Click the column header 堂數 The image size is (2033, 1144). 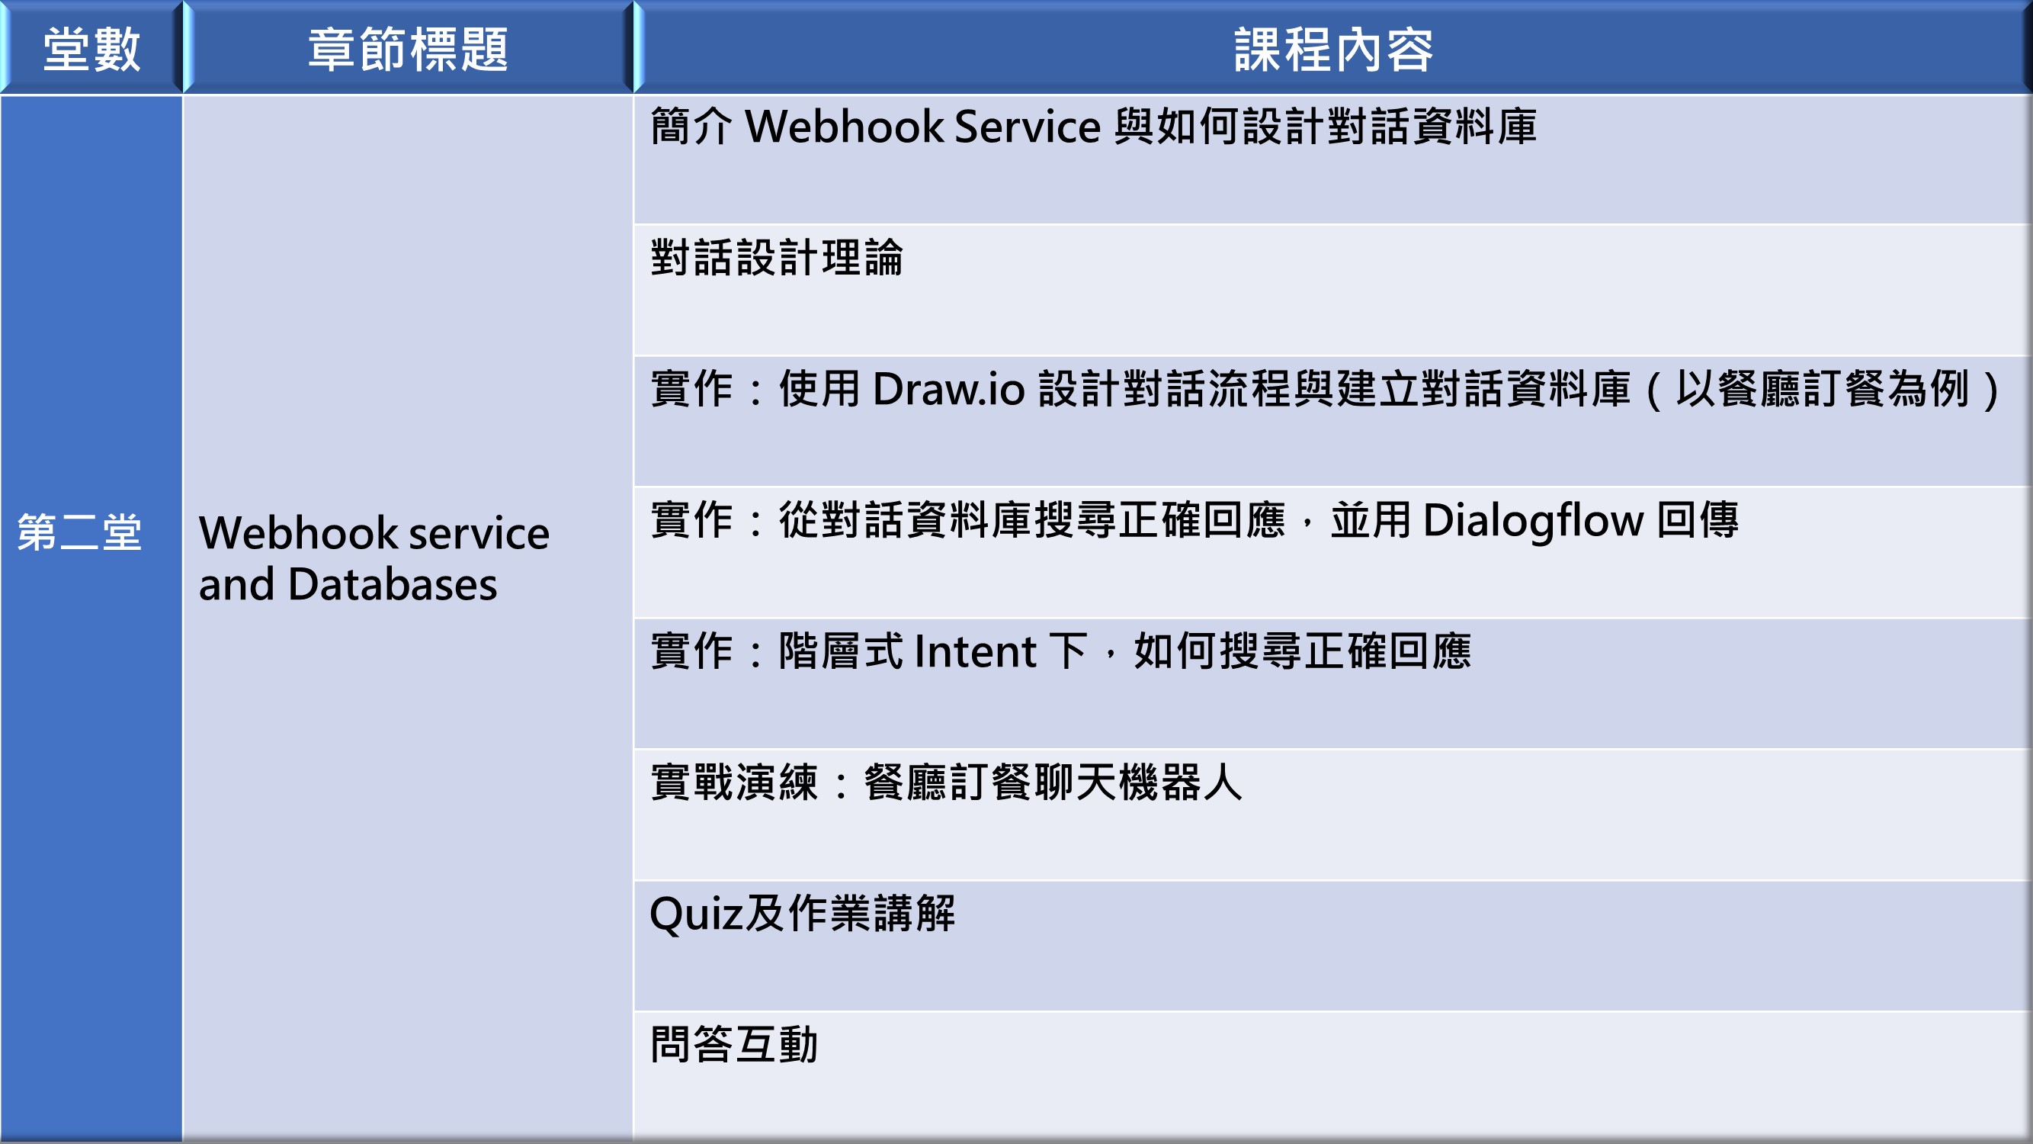pyautogui.click(x=91, y=50)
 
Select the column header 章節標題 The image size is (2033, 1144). pyautogui.click(x=408, y=50)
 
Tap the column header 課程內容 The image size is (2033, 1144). pyautogui.click(x=1333, y=50)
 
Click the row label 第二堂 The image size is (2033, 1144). pyautogui.click(x=80, y=532)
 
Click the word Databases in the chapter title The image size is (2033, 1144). pyautogui.click(x=393, y=584)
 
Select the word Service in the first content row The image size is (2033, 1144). pyautogui.click(x=1027, y=127)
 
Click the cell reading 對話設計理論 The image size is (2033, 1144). pyautogui.click(x=777, y=257)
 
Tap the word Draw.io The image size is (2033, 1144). pyautogui.click(x=948, y=388)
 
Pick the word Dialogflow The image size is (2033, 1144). pyautogui.click(x=1533, y=521)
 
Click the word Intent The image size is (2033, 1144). pyautogui.click(x=976, y=652)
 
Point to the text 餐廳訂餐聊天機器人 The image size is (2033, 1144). pyautogui.click(x=1053, y=782)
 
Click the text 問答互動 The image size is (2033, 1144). pyautogui.click(x=734, y=1045)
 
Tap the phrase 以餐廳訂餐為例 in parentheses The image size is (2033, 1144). pyautogui.click(x=1823, y=388)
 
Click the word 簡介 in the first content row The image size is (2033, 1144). pyautogui.click(x=691, y=127)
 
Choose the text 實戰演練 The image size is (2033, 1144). pyautogui.click(x=734, y=782)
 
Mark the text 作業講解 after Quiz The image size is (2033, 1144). pyautogui.click(x=871, y=914)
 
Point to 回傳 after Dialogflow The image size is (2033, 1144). pyautogui.click(x=1698, y=520)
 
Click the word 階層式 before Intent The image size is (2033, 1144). pyautogui.click(x=841, y=651)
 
